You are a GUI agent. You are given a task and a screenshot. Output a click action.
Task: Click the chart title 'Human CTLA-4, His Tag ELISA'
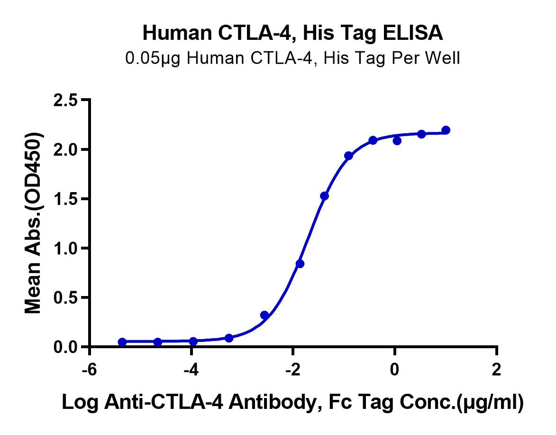[x=293, y=34]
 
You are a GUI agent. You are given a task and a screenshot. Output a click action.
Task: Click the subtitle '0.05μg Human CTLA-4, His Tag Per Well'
[x=292, y=58]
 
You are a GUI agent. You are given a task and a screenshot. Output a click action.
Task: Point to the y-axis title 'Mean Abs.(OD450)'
[x=33, y=223]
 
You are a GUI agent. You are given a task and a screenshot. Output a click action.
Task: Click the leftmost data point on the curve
[x=122, y=342]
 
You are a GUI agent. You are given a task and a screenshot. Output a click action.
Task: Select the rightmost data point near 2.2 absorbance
[x=446, y=130]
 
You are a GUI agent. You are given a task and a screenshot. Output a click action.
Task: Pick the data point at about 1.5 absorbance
[x=325, y=196]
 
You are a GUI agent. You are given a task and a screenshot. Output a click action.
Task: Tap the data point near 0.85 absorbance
[x=300, y=264]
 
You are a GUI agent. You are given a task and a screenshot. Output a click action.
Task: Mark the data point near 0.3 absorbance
[x=264, y=315]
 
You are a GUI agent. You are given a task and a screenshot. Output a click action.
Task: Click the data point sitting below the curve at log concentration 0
[x=397, y=141]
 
